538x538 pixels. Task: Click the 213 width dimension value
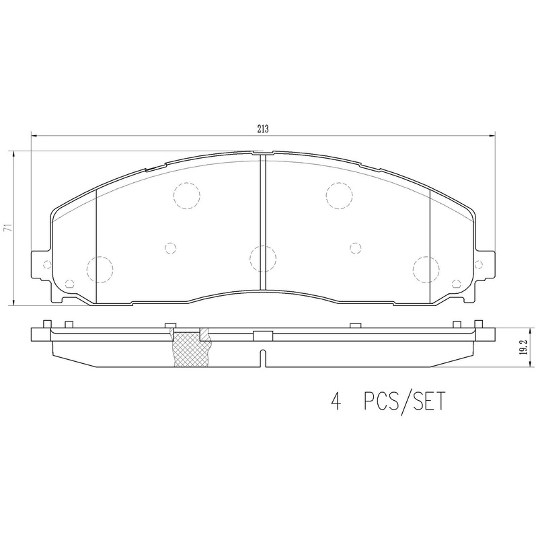pyautogui.click(x=262, y=130)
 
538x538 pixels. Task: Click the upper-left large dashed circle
pyautogui.click(x=186, y=196)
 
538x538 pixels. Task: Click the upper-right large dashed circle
pyautogui.click(x=338, y=196)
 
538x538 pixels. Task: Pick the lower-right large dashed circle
pyautogui.click(x=425, y=269)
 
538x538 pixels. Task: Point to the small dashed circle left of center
pyautogui.click(x=171, y=247)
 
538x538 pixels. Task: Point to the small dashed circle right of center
pyautogui.click(x=354, y=247)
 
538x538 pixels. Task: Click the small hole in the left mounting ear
pyautogui.click(x=46, y=265)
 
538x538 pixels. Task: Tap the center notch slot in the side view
pyautogui.click(x=263, y=359)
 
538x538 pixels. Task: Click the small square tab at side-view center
pyautogui.click(x=262, y=335)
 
